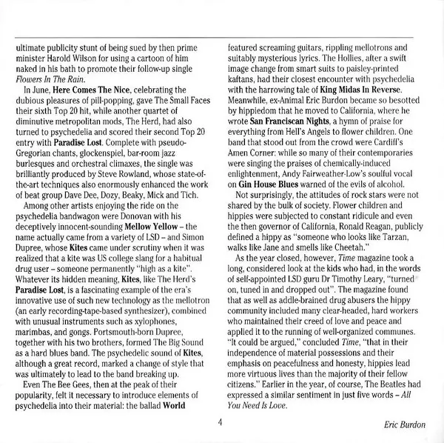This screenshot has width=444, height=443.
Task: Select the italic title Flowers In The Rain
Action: pyautogui.click(x=47, y=77)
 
